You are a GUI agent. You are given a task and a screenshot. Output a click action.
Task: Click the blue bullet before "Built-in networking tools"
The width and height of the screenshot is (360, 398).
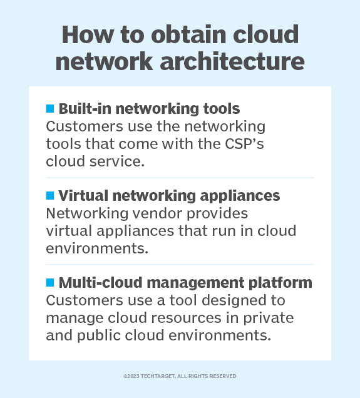(50, 108)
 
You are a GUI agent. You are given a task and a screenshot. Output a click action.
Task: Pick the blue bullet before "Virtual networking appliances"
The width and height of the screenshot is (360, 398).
(50, 195)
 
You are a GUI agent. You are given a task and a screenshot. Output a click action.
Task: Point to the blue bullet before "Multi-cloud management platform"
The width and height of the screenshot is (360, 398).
(50, 282)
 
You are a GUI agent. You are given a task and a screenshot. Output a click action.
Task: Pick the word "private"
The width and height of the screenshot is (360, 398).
(271, 317)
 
